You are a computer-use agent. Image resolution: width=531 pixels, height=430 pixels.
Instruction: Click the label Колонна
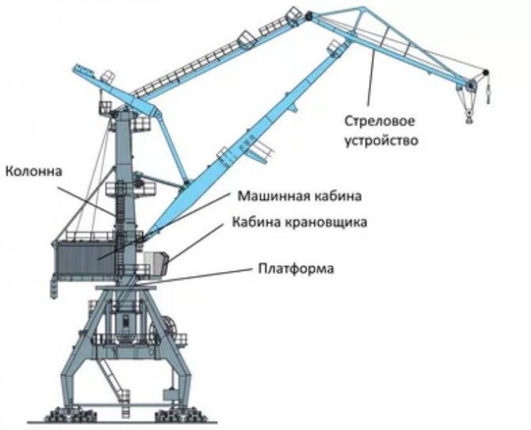pos(34,171)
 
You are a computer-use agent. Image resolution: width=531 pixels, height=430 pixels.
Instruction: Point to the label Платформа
pos(296,268)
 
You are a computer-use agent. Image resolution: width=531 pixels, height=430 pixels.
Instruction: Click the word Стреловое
pos(380,121)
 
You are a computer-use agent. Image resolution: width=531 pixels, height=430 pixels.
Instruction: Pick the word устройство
pos(381,140)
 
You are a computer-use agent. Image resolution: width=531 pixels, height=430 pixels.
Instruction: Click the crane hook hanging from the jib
pos(469,117)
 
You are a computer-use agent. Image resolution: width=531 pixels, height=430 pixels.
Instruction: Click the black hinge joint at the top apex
pos(308,16)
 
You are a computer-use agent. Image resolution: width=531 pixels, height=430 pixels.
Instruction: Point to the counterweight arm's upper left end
pos(75,67)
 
